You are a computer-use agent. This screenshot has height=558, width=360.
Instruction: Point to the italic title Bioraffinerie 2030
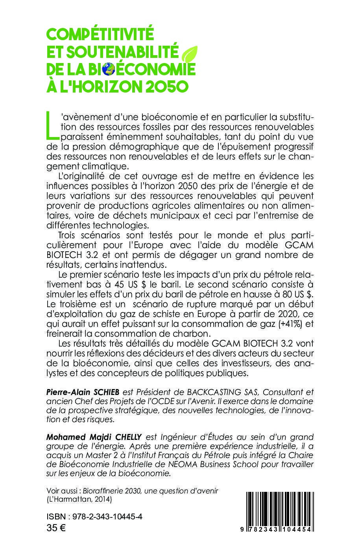click(108, 491)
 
